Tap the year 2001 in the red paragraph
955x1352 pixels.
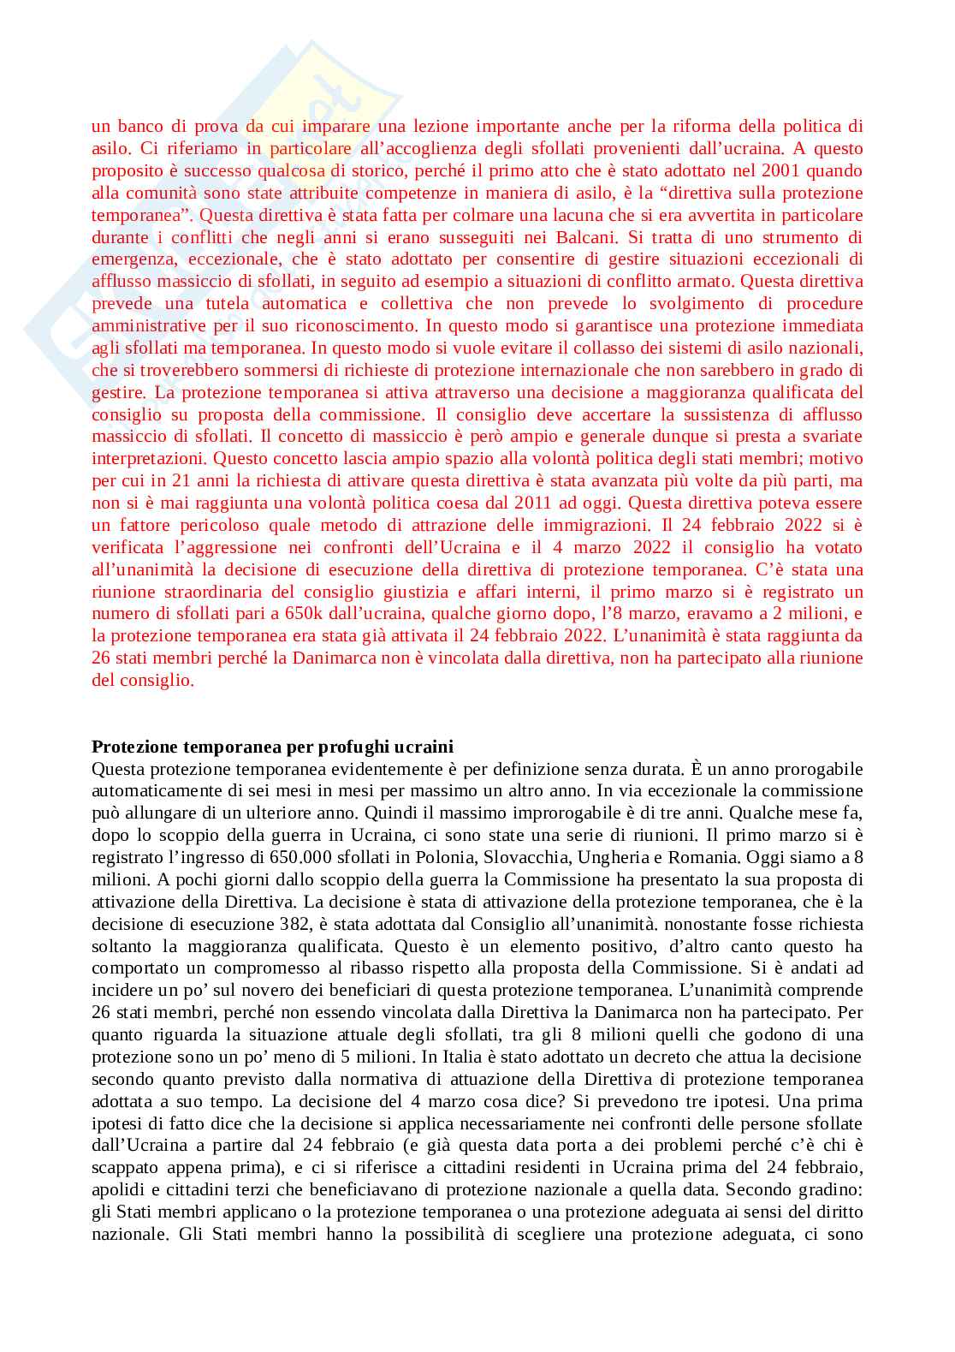pos(780,170)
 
